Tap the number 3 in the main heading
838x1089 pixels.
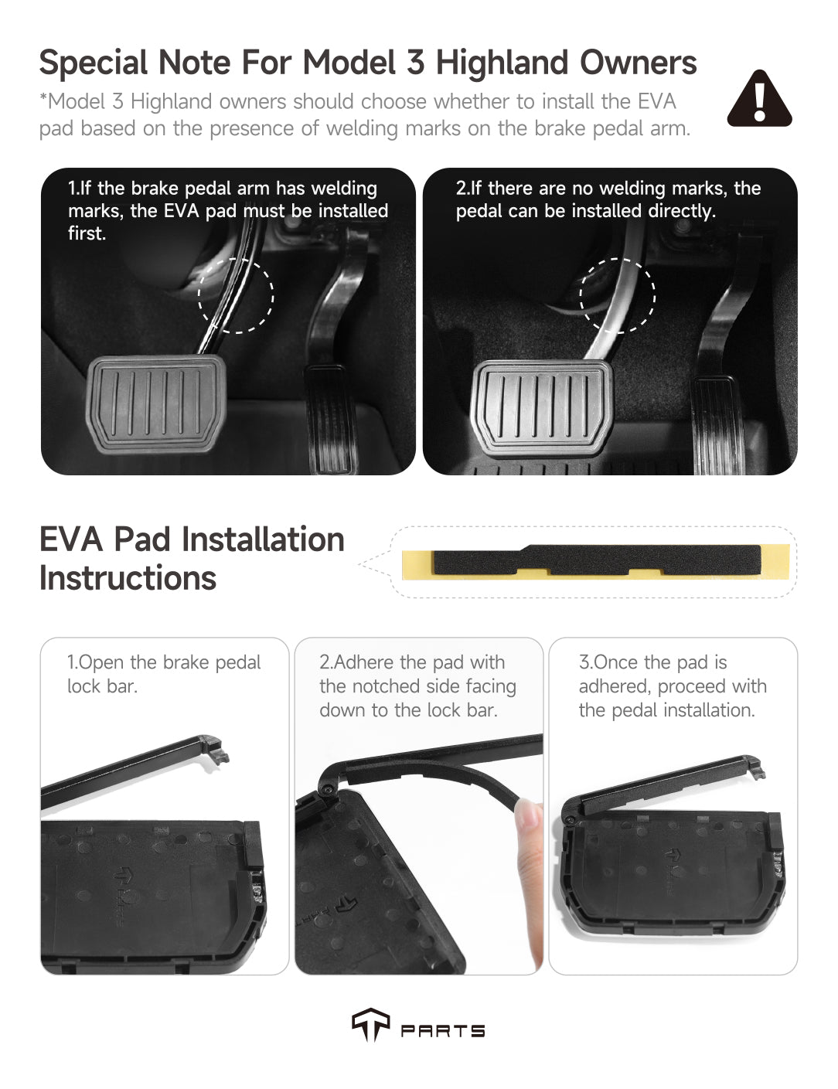tap(415, 63)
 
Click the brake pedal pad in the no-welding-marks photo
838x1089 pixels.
tap(542, 408)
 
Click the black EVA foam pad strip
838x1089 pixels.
tap(597, 560)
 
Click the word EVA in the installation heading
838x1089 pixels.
tap(71, 539)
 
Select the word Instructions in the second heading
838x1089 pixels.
tap(128, 578)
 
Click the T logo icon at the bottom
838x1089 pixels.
tap(371, 1024)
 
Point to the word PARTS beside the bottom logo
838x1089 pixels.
tap(442, 1030)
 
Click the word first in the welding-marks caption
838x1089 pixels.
tap(87, 233)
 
